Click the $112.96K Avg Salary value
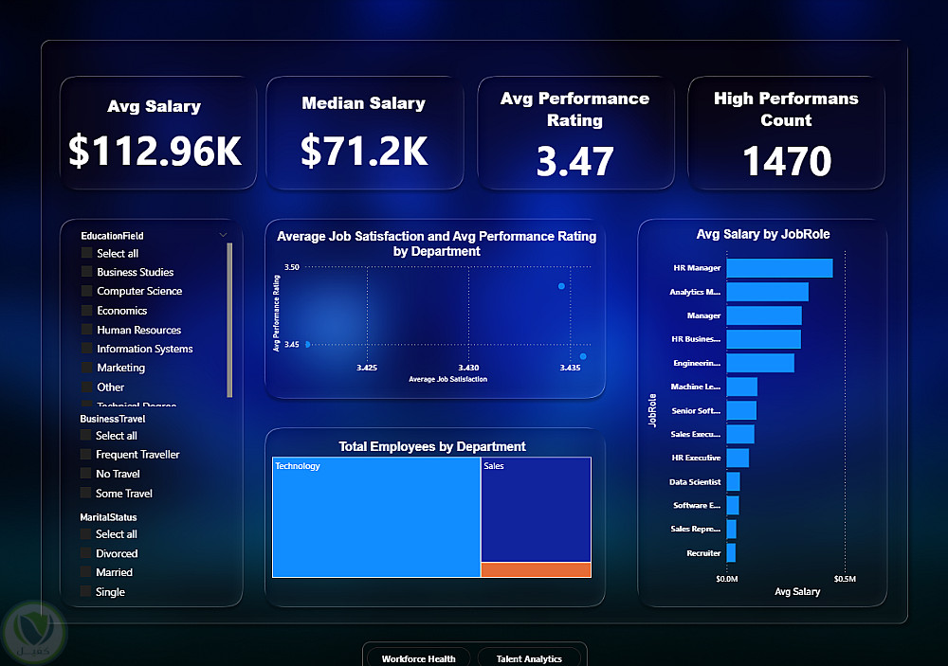tap(155, 151)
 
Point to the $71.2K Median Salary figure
tap(364, 151)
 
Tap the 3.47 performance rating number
tap(574, 161)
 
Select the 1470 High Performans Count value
tap(786, 161)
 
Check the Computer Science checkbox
tap(87, 292)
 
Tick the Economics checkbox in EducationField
tap(87, 311)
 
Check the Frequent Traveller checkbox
tap(86, 455)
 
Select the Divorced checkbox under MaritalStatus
tap(86, 553)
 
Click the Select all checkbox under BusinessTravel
tap(86, 436)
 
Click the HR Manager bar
tap(779, 268)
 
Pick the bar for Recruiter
tap(731, 552)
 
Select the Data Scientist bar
tap(733, 481)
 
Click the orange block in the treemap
tap(536, 569)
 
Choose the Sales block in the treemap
tap(536, 510)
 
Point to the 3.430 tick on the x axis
tap(467, 368)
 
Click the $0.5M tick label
tap(845, 578)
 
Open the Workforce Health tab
tap(418, 658)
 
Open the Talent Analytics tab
tap(529, 658)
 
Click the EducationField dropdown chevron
tap(223, 235)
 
